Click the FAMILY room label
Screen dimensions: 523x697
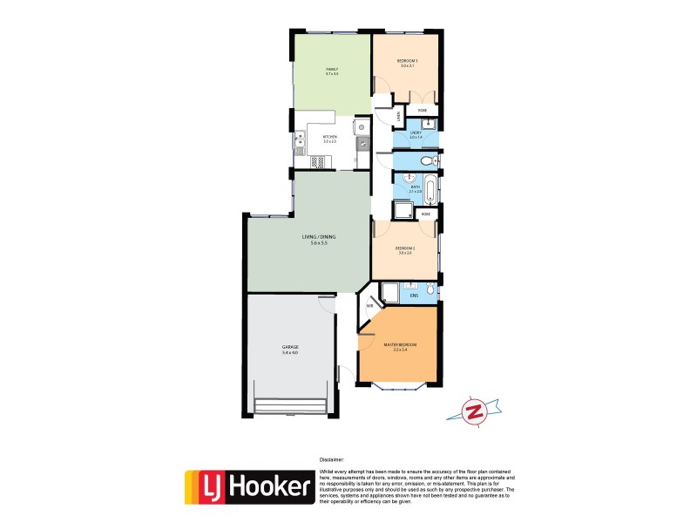tap(331, 71)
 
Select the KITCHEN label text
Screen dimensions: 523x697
tap(330, 137)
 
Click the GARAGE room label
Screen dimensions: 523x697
tap(290, 349)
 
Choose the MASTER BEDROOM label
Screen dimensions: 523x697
tap(401, 346)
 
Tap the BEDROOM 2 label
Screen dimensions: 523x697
tap(404, 249)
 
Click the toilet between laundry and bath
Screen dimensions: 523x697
tap(426, 162)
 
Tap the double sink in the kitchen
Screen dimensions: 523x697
tap(299, 141)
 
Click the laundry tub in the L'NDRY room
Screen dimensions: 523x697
tap(430, 125)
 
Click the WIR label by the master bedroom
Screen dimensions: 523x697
tap(369, 306)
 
